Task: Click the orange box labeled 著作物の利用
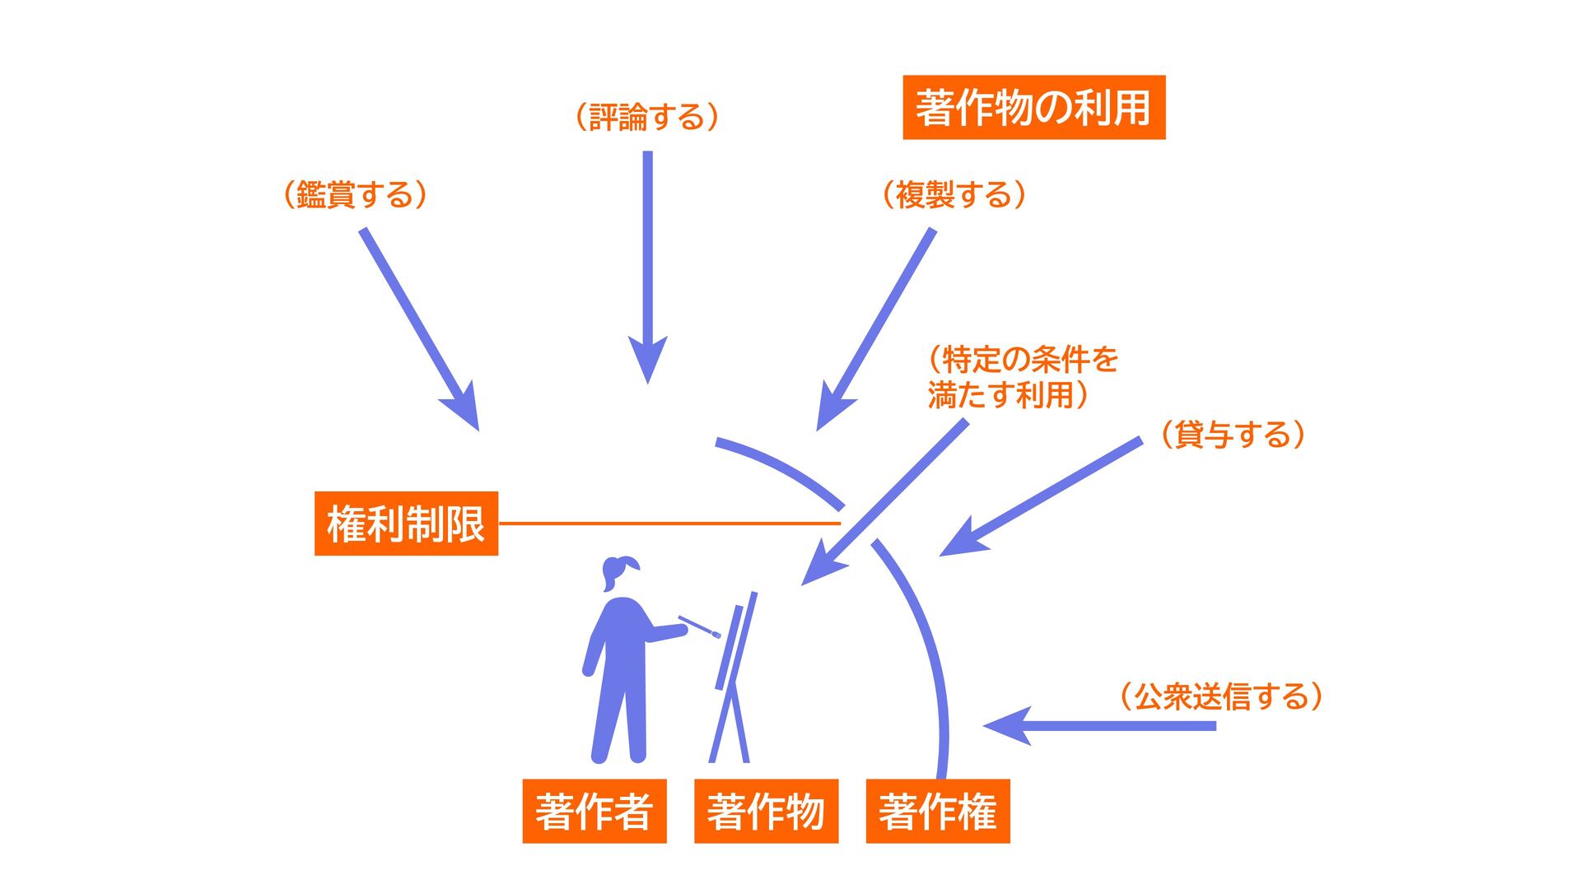(1033, 108)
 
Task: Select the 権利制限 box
(406, 524)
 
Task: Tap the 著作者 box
(594, 811)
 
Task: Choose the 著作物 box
(766, 811)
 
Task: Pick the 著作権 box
(937, 811)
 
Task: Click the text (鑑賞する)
(355, 195)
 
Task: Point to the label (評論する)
(647, 117)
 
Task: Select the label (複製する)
(954, 195)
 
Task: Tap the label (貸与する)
(1233, 434)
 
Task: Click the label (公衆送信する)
(1220, 696)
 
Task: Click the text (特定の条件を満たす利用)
(1021, 378)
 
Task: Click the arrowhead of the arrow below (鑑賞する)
(466, 411)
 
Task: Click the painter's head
(618, 571)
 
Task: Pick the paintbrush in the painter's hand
(699, 626)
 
